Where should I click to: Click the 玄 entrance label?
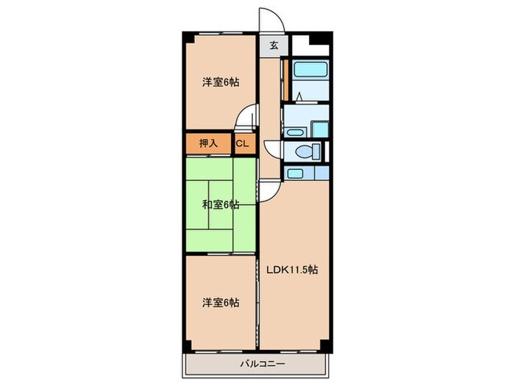[273, 45]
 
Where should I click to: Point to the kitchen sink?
[294, 174]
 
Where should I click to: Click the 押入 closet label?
[209, 143]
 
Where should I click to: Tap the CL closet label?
[242, 143]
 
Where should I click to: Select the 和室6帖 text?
[221, 204]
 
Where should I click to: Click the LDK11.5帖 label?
[292, 269]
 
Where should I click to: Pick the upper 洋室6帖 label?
[221, 82]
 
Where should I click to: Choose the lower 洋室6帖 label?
[221, 302]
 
